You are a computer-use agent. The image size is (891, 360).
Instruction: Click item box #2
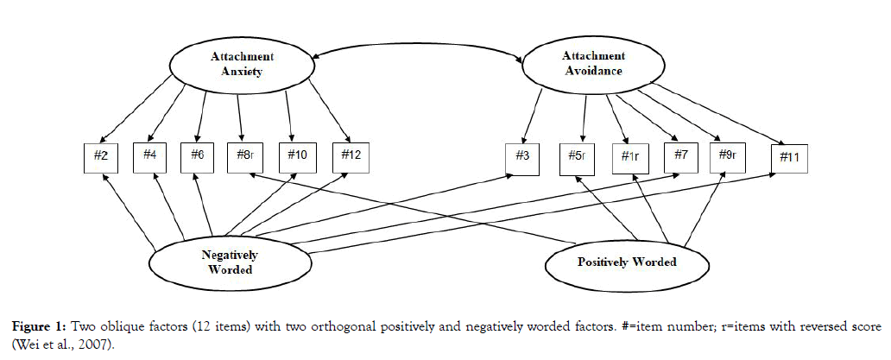click(100, 156)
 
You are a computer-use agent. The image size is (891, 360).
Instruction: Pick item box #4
click(149, 156)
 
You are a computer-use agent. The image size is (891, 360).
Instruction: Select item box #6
click(197, 156)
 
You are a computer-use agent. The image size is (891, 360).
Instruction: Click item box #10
click(297, 156)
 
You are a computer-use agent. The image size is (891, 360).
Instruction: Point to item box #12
click(350, 156)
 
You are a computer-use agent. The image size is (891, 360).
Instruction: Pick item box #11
click(790, 158)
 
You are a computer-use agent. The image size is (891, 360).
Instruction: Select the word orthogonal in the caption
click(382, 327)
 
